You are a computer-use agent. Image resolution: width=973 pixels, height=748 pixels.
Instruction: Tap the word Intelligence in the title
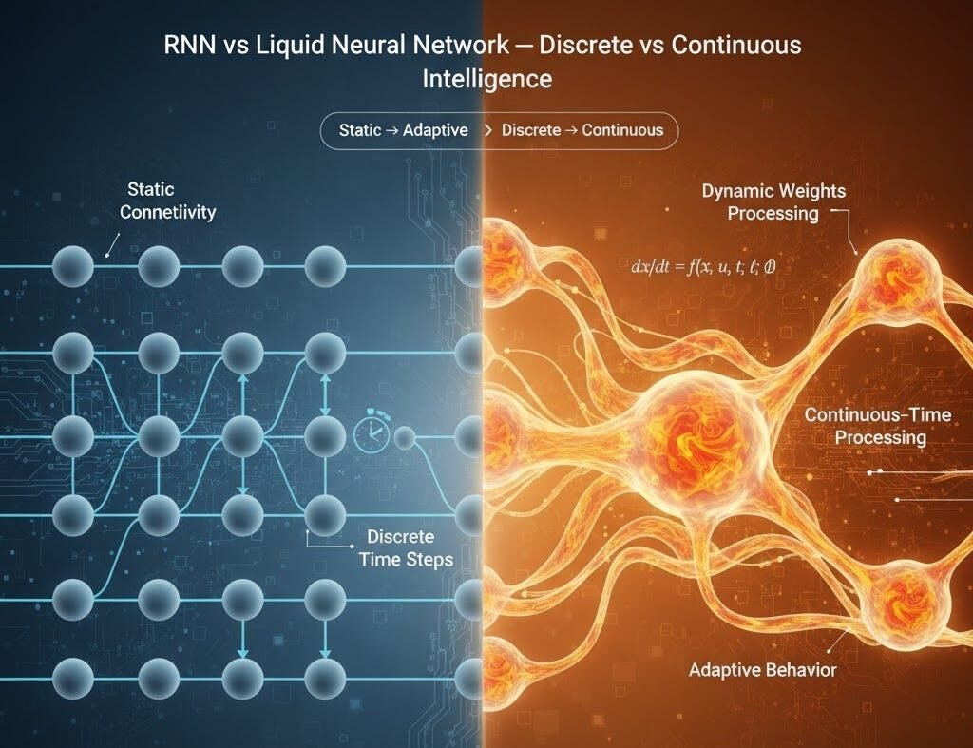pos(486,78)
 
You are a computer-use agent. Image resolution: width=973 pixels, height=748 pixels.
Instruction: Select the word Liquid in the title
pos(304,45)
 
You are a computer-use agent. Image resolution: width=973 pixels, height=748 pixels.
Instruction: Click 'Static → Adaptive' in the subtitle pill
pos(404,130)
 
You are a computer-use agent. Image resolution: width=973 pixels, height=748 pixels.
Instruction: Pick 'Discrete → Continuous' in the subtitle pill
pos(582,130)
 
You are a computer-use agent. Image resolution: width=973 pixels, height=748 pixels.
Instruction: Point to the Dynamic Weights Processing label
pos(773,202)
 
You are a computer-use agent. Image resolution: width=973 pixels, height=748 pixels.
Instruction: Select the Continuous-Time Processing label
pos(865,426)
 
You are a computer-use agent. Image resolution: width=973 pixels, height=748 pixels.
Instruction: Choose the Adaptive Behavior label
pos(762,670)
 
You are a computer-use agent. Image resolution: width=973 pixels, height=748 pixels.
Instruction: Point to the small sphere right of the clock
pos(405,438)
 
